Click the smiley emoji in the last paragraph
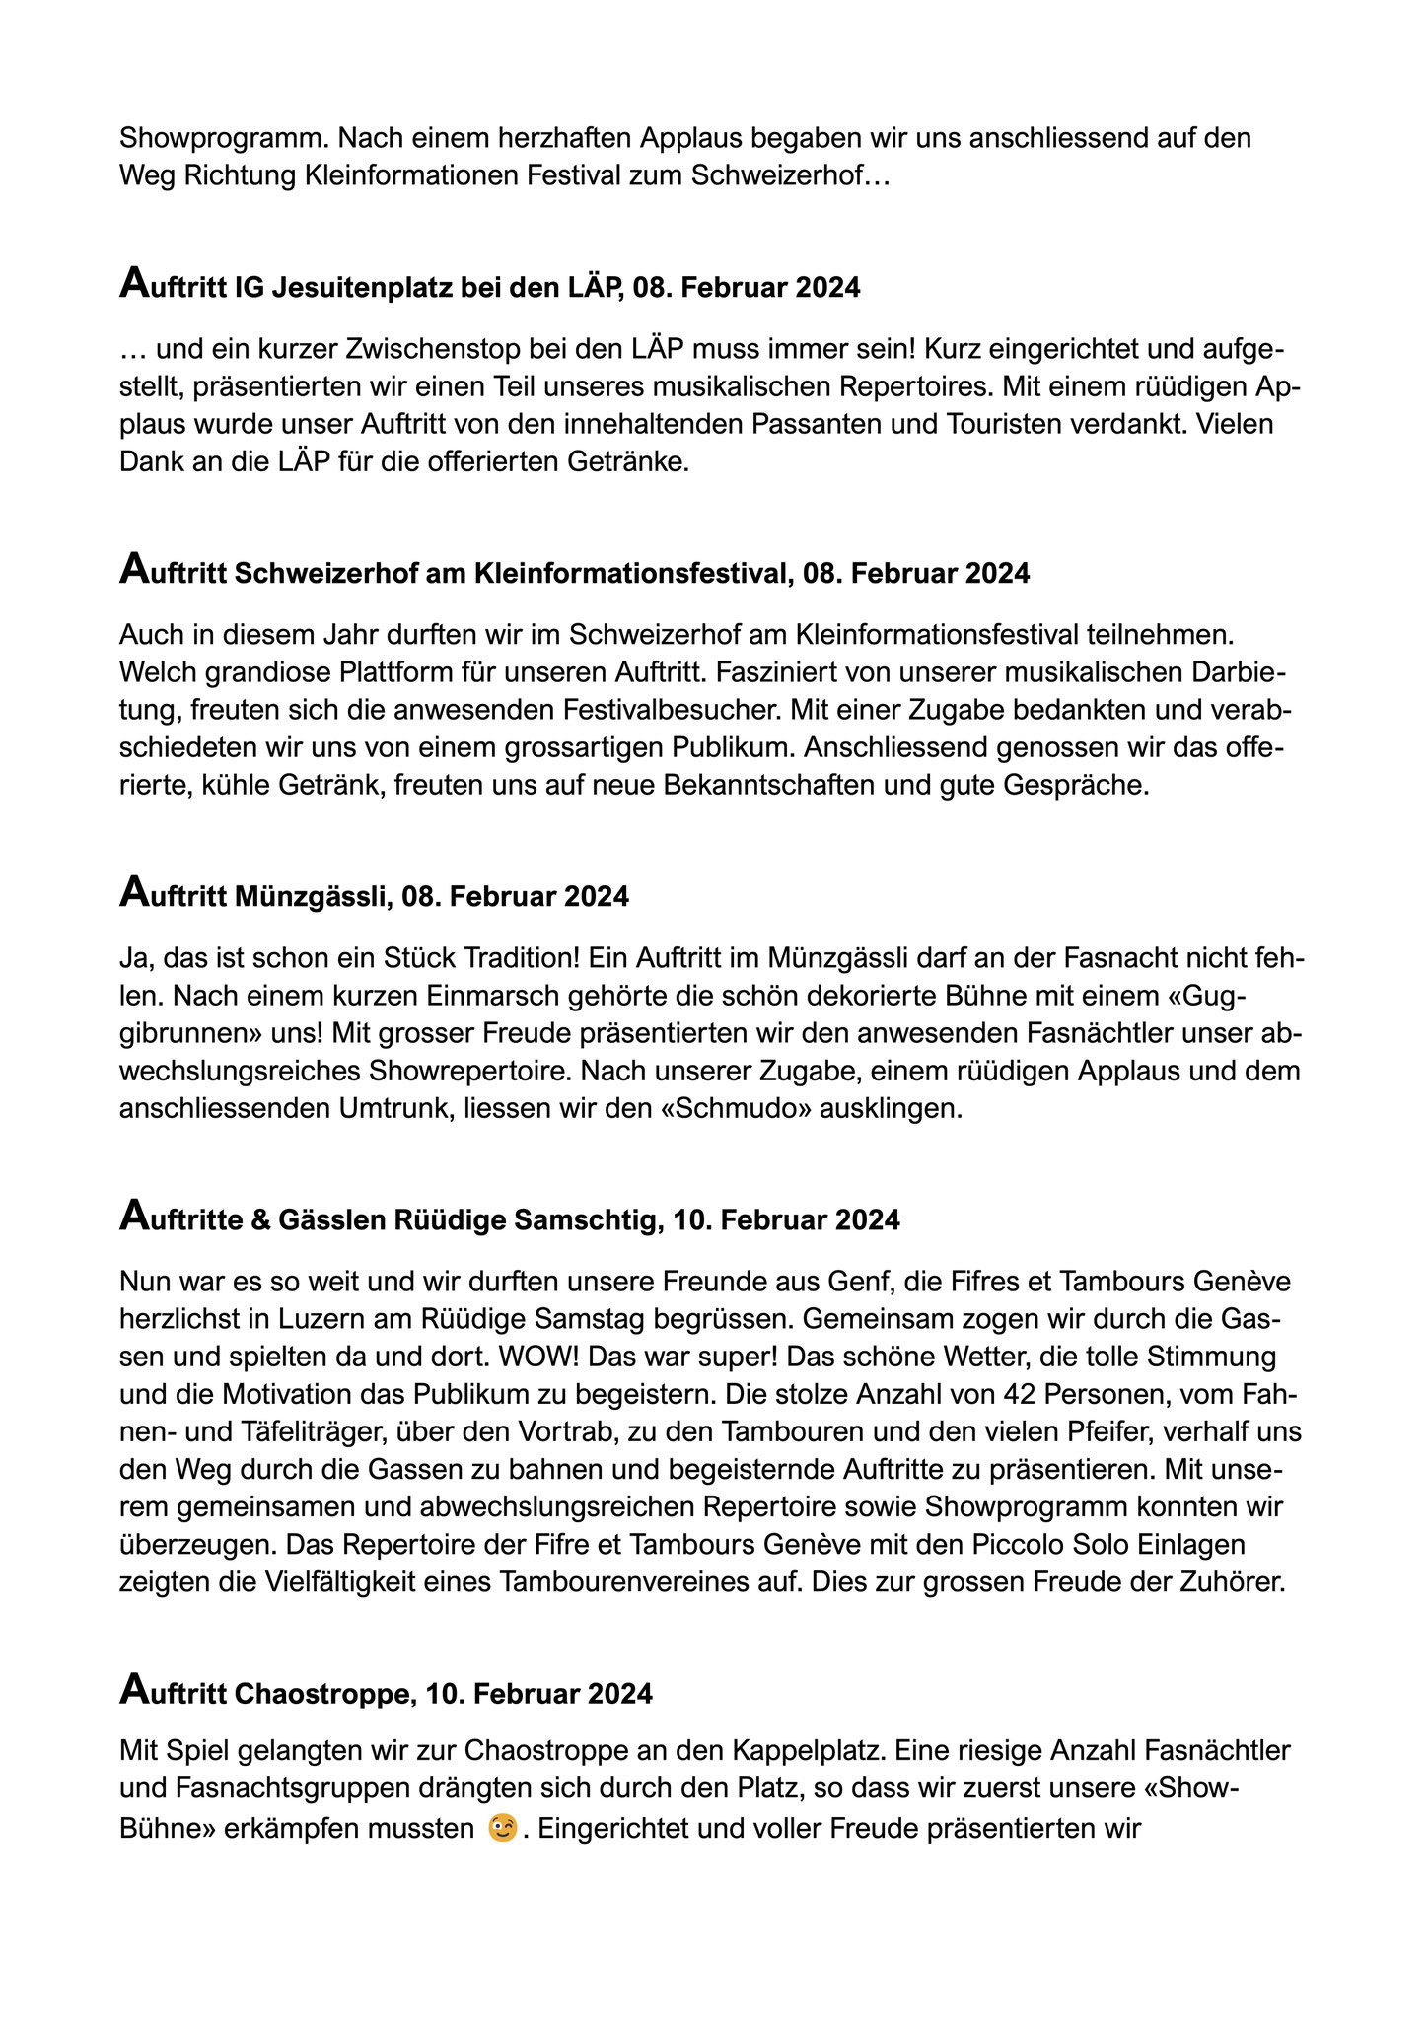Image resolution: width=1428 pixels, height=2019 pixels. coord(503,1829)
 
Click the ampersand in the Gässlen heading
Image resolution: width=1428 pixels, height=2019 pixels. coord(260,1220)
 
